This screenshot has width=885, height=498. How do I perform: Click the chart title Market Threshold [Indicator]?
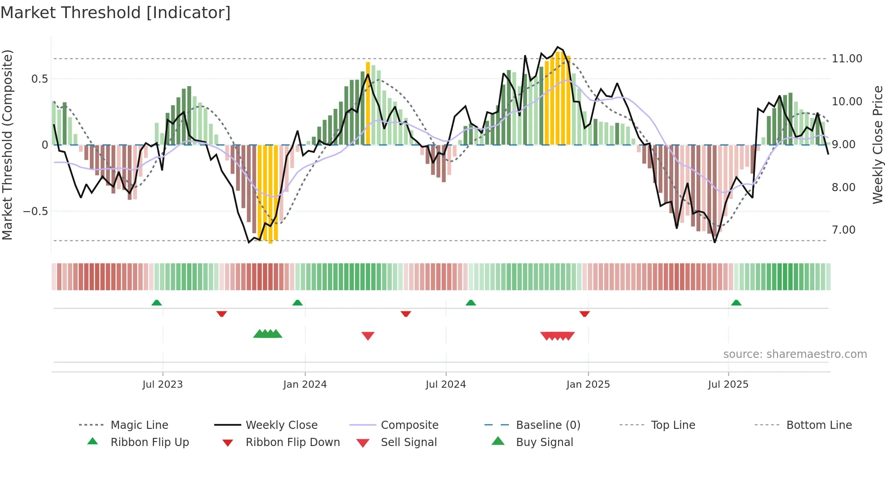click(116, 13)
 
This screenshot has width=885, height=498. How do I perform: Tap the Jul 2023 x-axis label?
click(163, 385)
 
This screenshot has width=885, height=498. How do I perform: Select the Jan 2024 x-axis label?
click(305, 385)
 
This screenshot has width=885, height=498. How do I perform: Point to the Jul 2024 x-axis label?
click(446, 385)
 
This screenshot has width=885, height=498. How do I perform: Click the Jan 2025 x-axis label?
click(588, 385)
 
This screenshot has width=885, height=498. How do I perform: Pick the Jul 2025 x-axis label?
click(728, 385)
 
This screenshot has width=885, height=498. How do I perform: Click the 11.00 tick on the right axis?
click(847, 59)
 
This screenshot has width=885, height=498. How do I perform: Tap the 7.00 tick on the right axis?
click(843, 230)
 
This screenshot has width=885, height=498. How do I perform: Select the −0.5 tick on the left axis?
click(36, 211)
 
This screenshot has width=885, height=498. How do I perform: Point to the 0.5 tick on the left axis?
click(39, 79)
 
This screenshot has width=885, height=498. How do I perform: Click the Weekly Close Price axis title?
click(877, 145)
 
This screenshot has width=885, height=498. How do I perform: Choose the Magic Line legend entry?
click(139, 425)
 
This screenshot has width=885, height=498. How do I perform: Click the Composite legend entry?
click(409, 425)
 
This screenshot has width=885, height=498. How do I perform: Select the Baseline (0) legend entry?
click(548, 425)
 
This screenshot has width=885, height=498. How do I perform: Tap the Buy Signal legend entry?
click(544, 442)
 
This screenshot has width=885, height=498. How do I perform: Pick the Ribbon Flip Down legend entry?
click(292, 442)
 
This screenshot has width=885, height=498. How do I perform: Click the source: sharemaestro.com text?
click(795, 354)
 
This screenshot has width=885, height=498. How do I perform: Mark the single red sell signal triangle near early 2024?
click(368, 336)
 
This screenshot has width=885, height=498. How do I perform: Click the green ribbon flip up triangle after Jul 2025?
click(736, 303)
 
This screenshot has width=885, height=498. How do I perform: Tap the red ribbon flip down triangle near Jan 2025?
click(585, 314)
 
